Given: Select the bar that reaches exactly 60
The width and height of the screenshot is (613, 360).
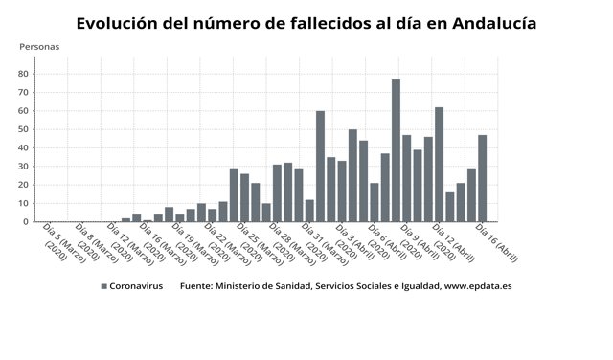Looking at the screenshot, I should coord(320,167).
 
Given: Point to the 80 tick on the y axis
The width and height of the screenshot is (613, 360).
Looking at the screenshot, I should coord(26,73).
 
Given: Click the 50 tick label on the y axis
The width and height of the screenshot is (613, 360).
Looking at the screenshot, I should coord(26,129).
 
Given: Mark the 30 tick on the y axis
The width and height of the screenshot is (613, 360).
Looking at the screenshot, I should coord(26,167).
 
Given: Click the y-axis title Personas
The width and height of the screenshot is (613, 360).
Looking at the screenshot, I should coord(39,46).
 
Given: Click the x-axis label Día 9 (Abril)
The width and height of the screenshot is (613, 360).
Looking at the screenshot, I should coord(413,243).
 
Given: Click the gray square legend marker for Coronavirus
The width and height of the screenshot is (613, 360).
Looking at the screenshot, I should coord(103,286).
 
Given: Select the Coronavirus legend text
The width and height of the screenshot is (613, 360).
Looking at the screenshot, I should coord(136,286).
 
